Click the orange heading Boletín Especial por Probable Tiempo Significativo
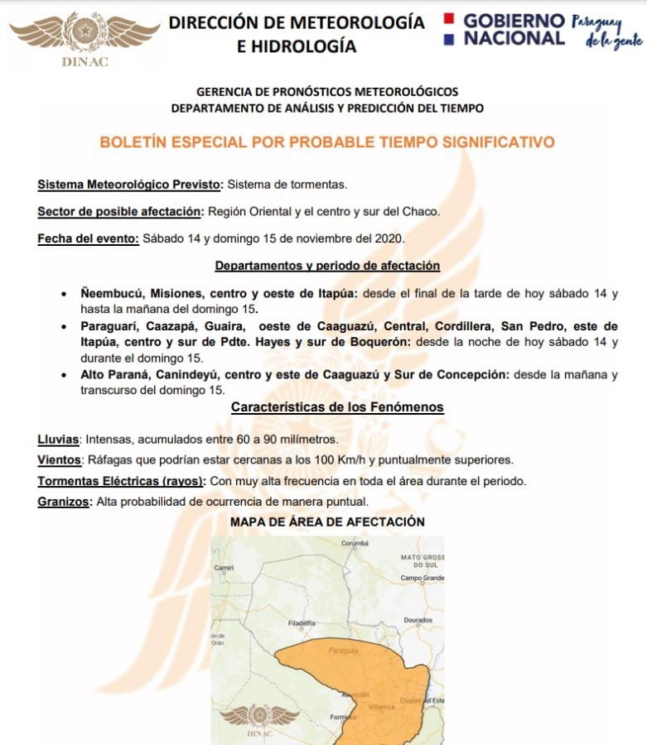pos(326,142)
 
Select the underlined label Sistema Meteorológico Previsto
pos(130,184)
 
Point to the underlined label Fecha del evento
pos(88,238)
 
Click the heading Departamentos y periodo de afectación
pos(327,266)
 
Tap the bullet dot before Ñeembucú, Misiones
pos(65,294)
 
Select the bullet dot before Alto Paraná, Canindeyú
pos(65,375)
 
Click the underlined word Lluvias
pos(58,439)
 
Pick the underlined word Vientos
pos(60,459)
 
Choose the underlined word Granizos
pos(65,501)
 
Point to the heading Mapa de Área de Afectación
pos(327,521)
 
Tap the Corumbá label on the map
pos(355,543)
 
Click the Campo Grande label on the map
pos(422,578)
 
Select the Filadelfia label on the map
pos(301,622)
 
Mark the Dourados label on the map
pos(418,619)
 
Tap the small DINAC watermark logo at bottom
pos(260,719)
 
